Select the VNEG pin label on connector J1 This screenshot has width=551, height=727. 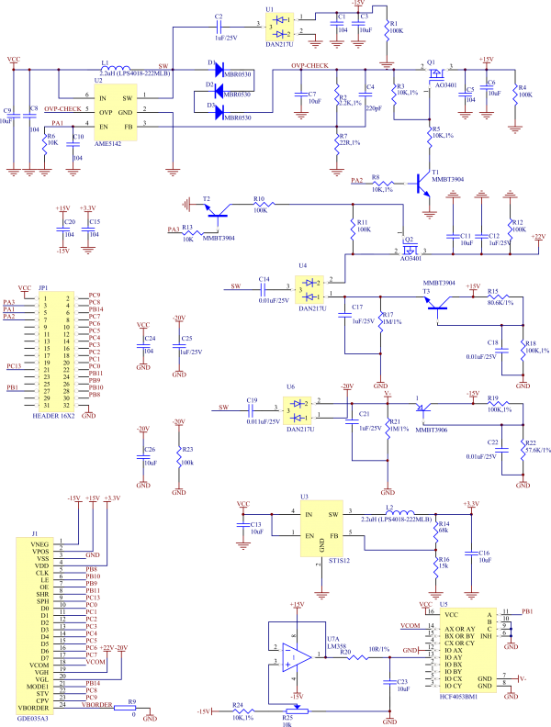point(39,544)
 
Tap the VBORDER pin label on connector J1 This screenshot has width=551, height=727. point(33,709)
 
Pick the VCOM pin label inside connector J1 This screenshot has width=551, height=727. point(39,665)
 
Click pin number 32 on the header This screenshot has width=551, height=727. point(66,405)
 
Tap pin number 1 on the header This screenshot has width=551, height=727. point(44,296)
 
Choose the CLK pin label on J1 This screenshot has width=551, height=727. point(42,574)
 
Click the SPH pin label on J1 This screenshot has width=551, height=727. point(42,601)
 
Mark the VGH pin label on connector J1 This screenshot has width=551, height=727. point(40,672)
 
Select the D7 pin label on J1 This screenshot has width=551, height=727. point(44,657)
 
